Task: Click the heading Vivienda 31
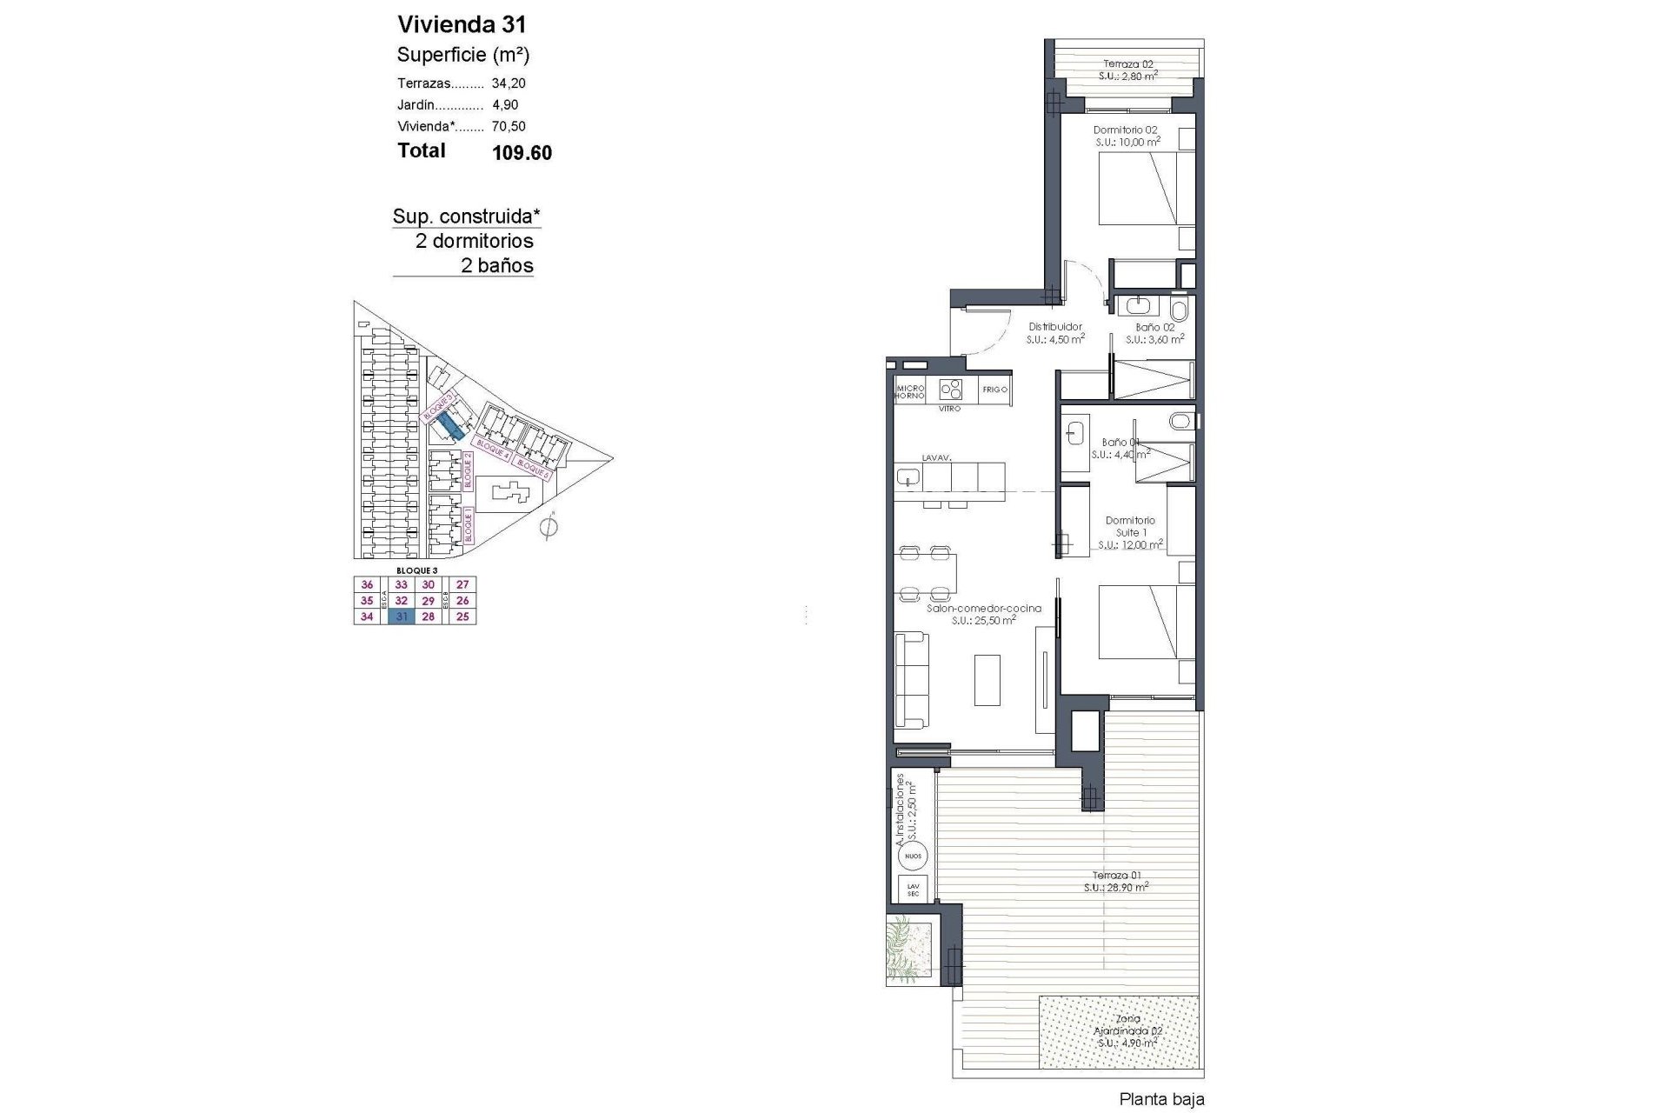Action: tap(462, 23)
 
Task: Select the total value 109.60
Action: tap(522, 153)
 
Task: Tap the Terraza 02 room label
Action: tap(1127, 70)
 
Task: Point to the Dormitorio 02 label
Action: tap(1126, 136)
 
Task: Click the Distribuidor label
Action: tap(1054, 333)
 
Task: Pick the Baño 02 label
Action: tap(1154, 333)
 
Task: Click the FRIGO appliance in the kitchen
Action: tap(994, 390)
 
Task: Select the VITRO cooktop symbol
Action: tap(951, 389)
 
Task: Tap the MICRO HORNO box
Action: tap(909, 390)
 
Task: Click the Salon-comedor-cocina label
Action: tap(983, 614)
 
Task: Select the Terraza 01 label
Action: tap(1116, 881)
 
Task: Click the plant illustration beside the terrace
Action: tap(908, 949)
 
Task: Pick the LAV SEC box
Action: tap(913, 889)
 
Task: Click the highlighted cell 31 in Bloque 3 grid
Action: tap(402, 616)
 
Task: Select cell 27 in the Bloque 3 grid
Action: tap(462, 585)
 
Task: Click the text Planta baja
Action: tap(1161, 1099)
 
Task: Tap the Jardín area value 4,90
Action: tap(505, 104)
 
